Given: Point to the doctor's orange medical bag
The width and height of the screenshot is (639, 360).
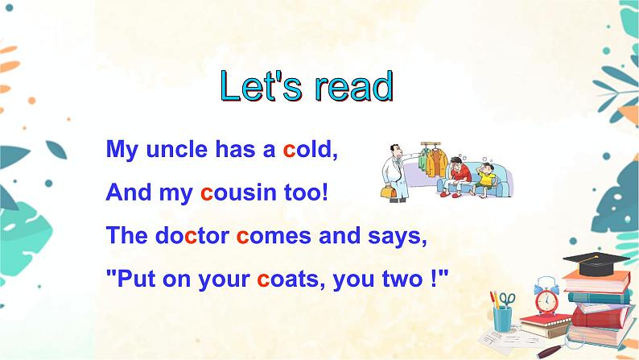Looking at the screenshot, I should pos(392,191).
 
